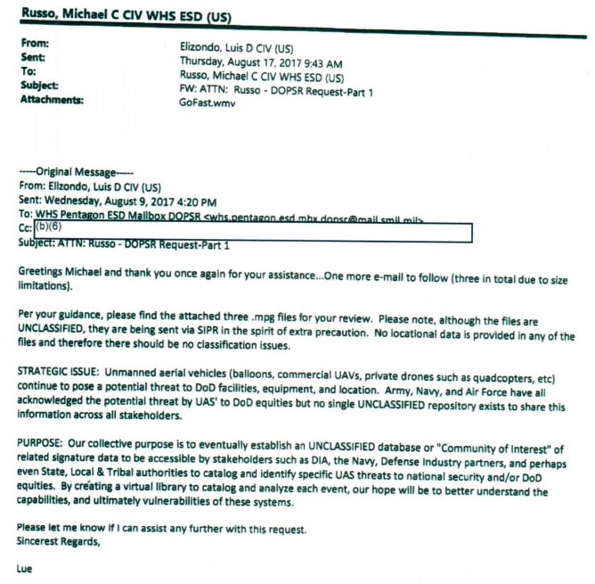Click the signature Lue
(24, 567)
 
